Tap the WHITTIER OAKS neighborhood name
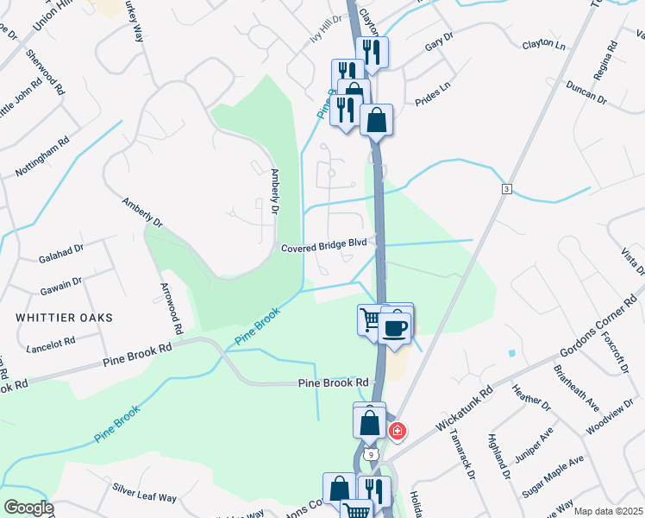pos(64,318)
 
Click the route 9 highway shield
pos(371,452)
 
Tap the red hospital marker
pos(397,430)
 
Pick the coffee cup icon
pos(396,328)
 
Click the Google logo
pos(28,508)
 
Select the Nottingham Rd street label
pos(43,156)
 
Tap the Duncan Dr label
pos(586,93)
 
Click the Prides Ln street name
pos(433,88)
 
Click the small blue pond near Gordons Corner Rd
pos(512,353)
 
